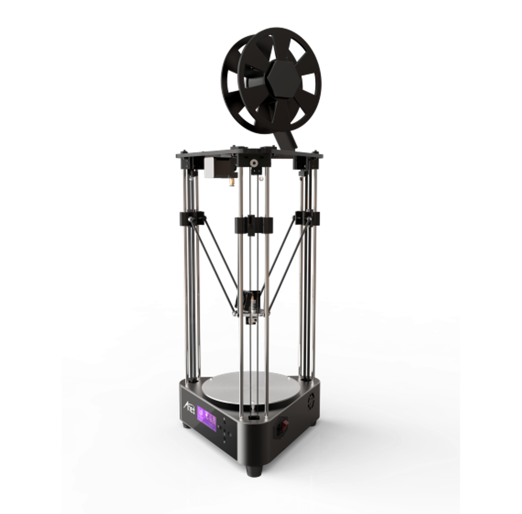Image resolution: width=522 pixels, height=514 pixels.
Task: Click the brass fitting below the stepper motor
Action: point(228,182)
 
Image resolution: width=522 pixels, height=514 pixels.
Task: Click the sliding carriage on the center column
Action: point(253,225)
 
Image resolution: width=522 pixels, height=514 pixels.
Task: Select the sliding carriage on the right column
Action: point(307,217)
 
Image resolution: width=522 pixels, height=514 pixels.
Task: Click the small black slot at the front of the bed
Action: point(253,418)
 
